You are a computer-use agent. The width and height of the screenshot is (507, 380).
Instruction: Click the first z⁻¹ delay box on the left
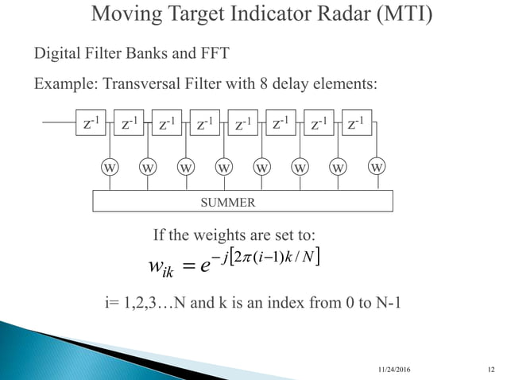pyautogui.click(x=92, y=124)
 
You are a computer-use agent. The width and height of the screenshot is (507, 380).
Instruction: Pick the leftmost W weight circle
pyautogui.click(x=109, y=168)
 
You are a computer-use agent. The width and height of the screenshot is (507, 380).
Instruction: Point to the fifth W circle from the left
pyautogui.click(x=261, y=168)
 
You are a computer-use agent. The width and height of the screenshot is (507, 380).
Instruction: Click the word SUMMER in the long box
pyautogui.click(x=227, y=202)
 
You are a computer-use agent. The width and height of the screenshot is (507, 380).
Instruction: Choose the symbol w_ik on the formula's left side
pyautogui.click(x=165, y=266)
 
